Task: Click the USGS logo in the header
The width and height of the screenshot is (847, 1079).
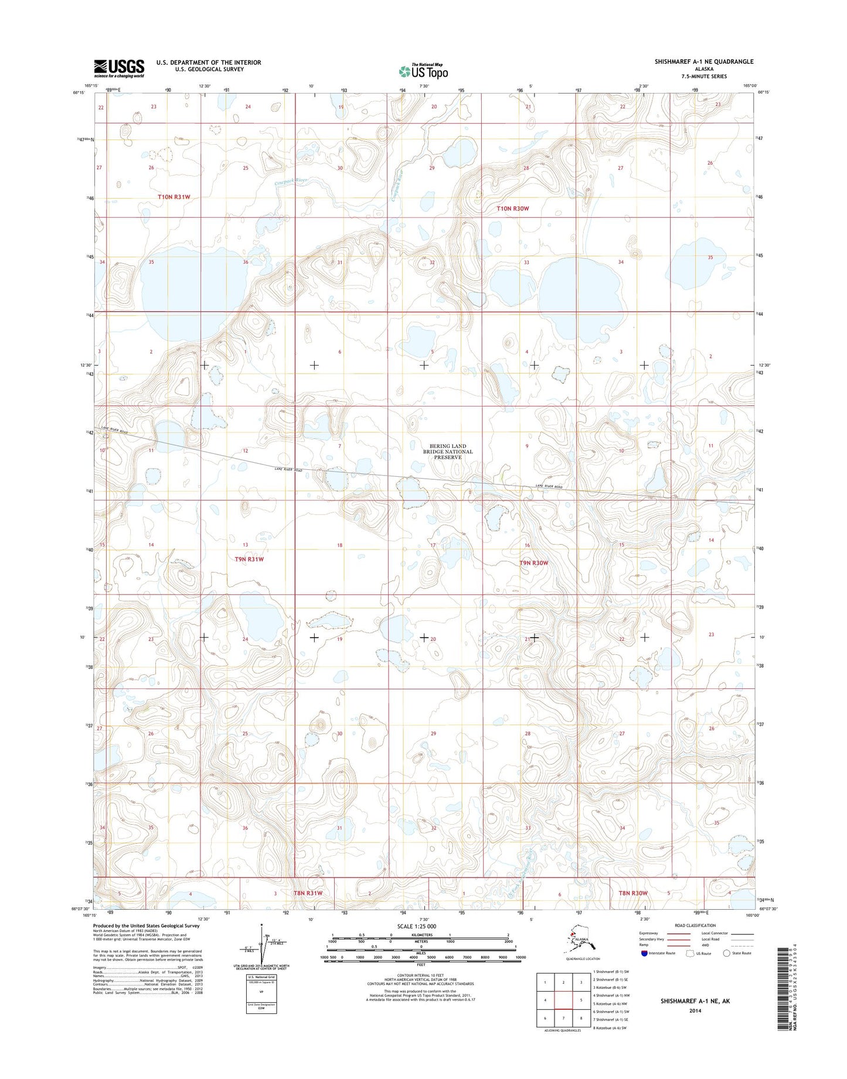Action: click(119, 68)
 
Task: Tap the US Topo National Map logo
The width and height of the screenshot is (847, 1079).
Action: click(423, 71)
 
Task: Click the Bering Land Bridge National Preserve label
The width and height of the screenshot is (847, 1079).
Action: click(448, 452)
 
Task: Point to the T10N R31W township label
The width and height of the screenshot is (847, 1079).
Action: click(174, 197)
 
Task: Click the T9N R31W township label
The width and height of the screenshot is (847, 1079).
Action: click(249, 559)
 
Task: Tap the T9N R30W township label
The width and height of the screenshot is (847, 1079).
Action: click(533, 563)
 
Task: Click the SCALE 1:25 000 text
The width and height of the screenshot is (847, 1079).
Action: click(420, 926)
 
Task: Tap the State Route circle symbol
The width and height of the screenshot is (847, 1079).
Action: click(727, 953)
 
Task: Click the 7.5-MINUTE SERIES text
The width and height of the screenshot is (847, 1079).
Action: click(704, 77)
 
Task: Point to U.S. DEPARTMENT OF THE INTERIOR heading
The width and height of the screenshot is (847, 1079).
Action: click(208, 62)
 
